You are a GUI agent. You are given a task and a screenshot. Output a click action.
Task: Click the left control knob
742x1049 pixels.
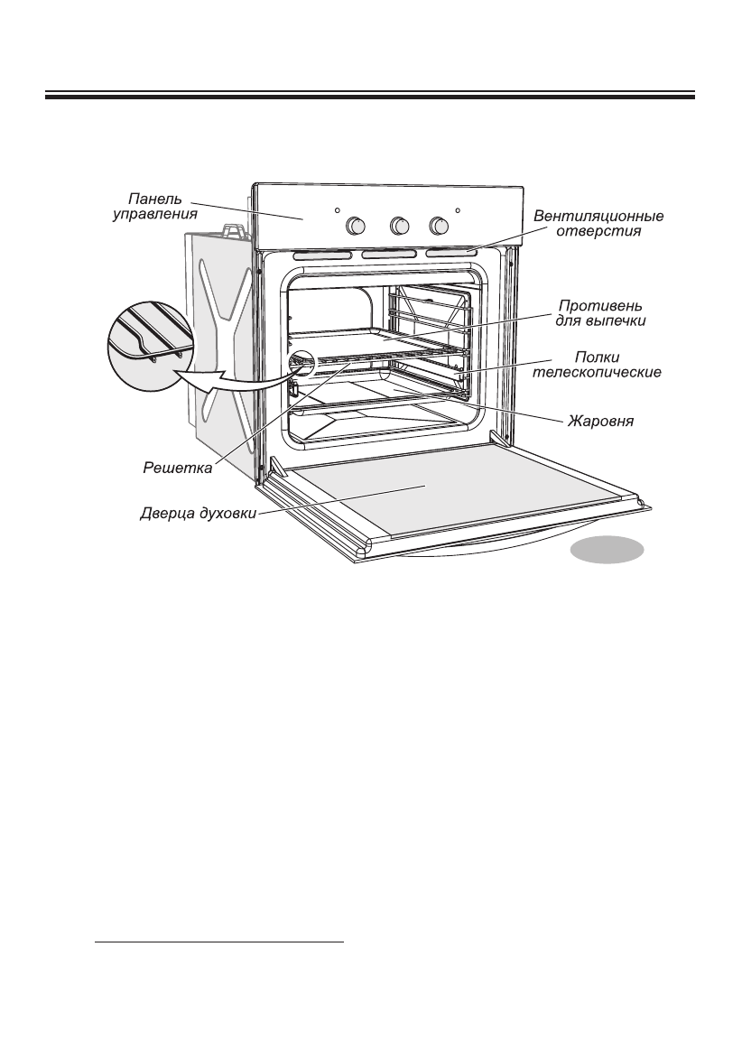click(x=356, y=226)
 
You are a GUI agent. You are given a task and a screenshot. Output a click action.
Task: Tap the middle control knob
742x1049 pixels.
click(x=397, y=226)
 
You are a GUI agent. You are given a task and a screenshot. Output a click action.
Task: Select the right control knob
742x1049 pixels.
click(x=439, y=225)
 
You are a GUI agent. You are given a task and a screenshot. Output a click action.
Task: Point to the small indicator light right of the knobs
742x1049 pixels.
click(x=459, y=210)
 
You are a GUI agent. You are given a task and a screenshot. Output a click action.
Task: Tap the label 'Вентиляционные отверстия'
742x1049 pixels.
click(x=598, y=224)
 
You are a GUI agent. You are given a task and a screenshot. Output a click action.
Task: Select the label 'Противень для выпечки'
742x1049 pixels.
click(x=599, y=312)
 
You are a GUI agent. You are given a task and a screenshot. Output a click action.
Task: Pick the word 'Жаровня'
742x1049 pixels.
click(x=600, y=420)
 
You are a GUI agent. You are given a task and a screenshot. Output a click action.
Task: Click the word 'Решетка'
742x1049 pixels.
click(x=177, y=468)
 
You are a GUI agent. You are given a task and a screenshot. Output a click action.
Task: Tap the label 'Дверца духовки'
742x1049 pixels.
click(x=199, y=515)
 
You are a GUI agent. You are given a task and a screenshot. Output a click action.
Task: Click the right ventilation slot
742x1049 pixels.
click(x=451, y=255)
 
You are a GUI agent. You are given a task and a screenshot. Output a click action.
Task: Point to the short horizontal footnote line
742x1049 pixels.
click(x=219, y=942)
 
